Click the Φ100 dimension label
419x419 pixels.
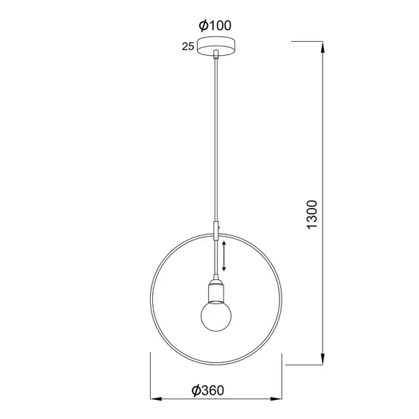[x=215, y=26]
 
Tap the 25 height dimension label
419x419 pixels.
[x=188, y=46]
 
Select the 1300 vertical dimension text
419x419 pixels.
[x=312, y=215]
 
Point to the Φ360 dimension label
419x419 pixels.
[x=207, y=390]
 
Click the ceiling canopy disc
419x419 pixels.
[x=216, y=46]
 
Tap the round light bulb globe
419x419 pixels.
[x=216, y=315]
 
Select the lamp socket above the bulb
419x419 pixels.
[x=216, y=290]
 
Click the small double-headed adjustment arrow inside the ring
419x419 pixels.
[x=224, y=256]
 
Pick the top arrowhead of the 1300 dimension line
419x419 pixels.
[x=323, y=48]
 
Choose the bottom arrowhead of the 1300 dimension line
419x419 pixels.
[x=323, y=358]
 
